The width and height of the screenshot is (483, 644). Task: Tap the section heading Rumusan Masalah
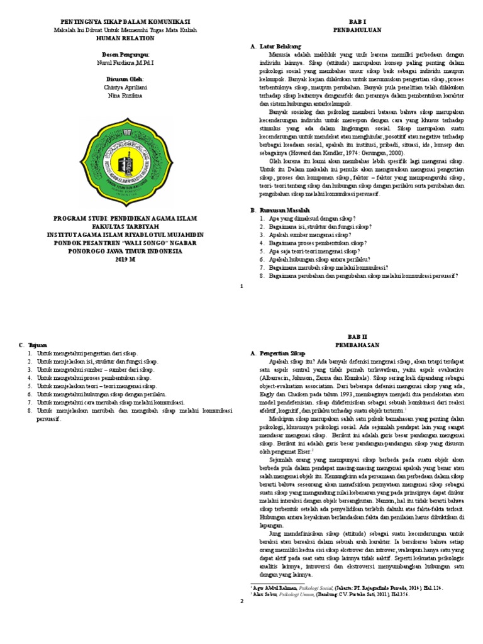coord(284,209)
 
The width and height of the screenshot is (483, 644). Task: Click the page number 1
coord(241,286)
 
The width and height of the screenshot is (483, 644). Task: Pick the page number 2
coord(241,602)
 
